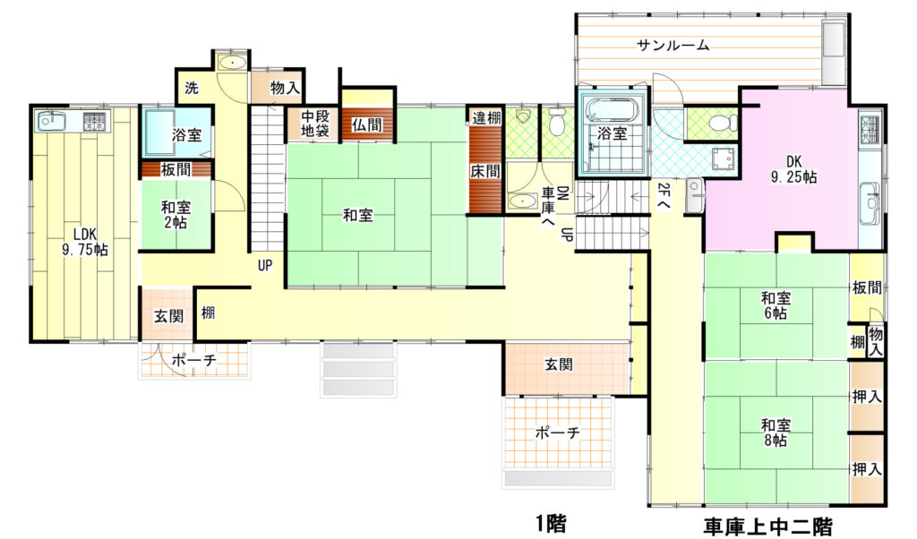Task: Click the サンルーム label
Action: (x=673, y=45)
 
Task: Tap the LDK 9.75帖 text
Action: (x=85, y=242)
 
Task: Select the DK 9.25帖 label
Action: (x=793, y=169)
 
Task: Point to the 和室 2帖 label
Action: (x=176, y=215)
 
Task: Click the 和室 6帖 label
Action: (x=776, y=305)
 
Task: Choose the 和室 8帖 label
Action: (x=776, y=432)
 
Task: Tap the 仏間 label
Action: (x=366, y=124)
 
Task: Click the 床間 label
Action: (x=485, y=171)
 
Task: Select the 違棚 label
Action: (x=486, y=117)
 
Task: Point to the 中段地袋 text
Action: (x=315, y=124)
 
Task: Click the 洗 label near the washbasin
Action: (x=192, y=88)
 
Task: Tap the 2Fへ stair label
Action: (x=664, y=196)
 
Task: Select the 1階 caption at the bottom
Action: (x=551, y=523)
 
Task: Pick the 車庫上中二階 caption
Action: (x=767, y=526)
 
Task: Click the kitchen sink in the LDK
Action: (x=53, y=122)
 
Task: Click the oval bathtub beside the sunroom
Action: (x=613, y=110)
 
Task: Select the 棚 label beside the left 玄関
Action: (x=208, y=312)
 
